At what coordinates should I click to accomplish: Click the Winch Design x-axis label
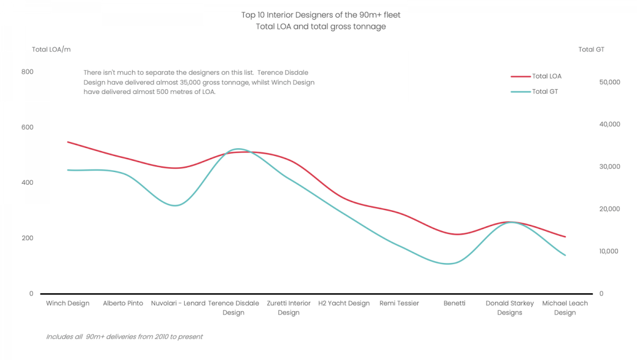tap(67, 303)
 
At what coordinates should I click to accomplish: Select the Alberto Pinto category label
tap(123, 303)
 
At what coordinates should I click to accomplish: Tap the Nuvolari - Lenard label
tap(178, 303)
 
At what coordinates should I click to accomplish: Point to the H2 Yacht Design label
tap(344, 303)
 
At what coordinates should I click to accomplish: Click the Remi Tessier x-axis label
tap(399, 303)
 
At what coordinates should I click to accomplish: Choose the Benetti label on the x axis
tap(454, 303)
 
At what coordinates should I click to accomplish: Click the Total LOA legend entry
tap(546, 76)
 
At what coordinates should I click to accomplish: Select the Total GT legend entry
tap(545, 91)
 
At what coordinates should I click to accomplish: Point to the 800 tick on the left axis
tap(27, 72)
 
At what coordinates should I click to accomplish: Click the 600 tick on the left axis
tap(27, 127)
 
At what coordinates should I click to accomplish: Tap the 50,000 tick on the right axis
tap(609, 82)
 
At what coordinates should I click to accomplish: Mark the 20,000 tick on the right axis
tap(609, 209)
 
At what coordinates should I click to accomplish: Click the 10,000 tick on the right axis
tap(609, 251)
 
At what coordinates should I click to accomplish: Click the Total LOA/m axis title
tap(51, 49)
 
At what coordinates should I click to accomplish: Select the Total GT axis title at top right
tap(591, 49)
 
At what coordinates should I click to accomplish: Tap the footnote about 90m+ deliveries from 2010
tap(124, 337)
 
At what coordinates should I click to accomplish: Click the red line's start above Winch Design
tap(67, 142)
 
